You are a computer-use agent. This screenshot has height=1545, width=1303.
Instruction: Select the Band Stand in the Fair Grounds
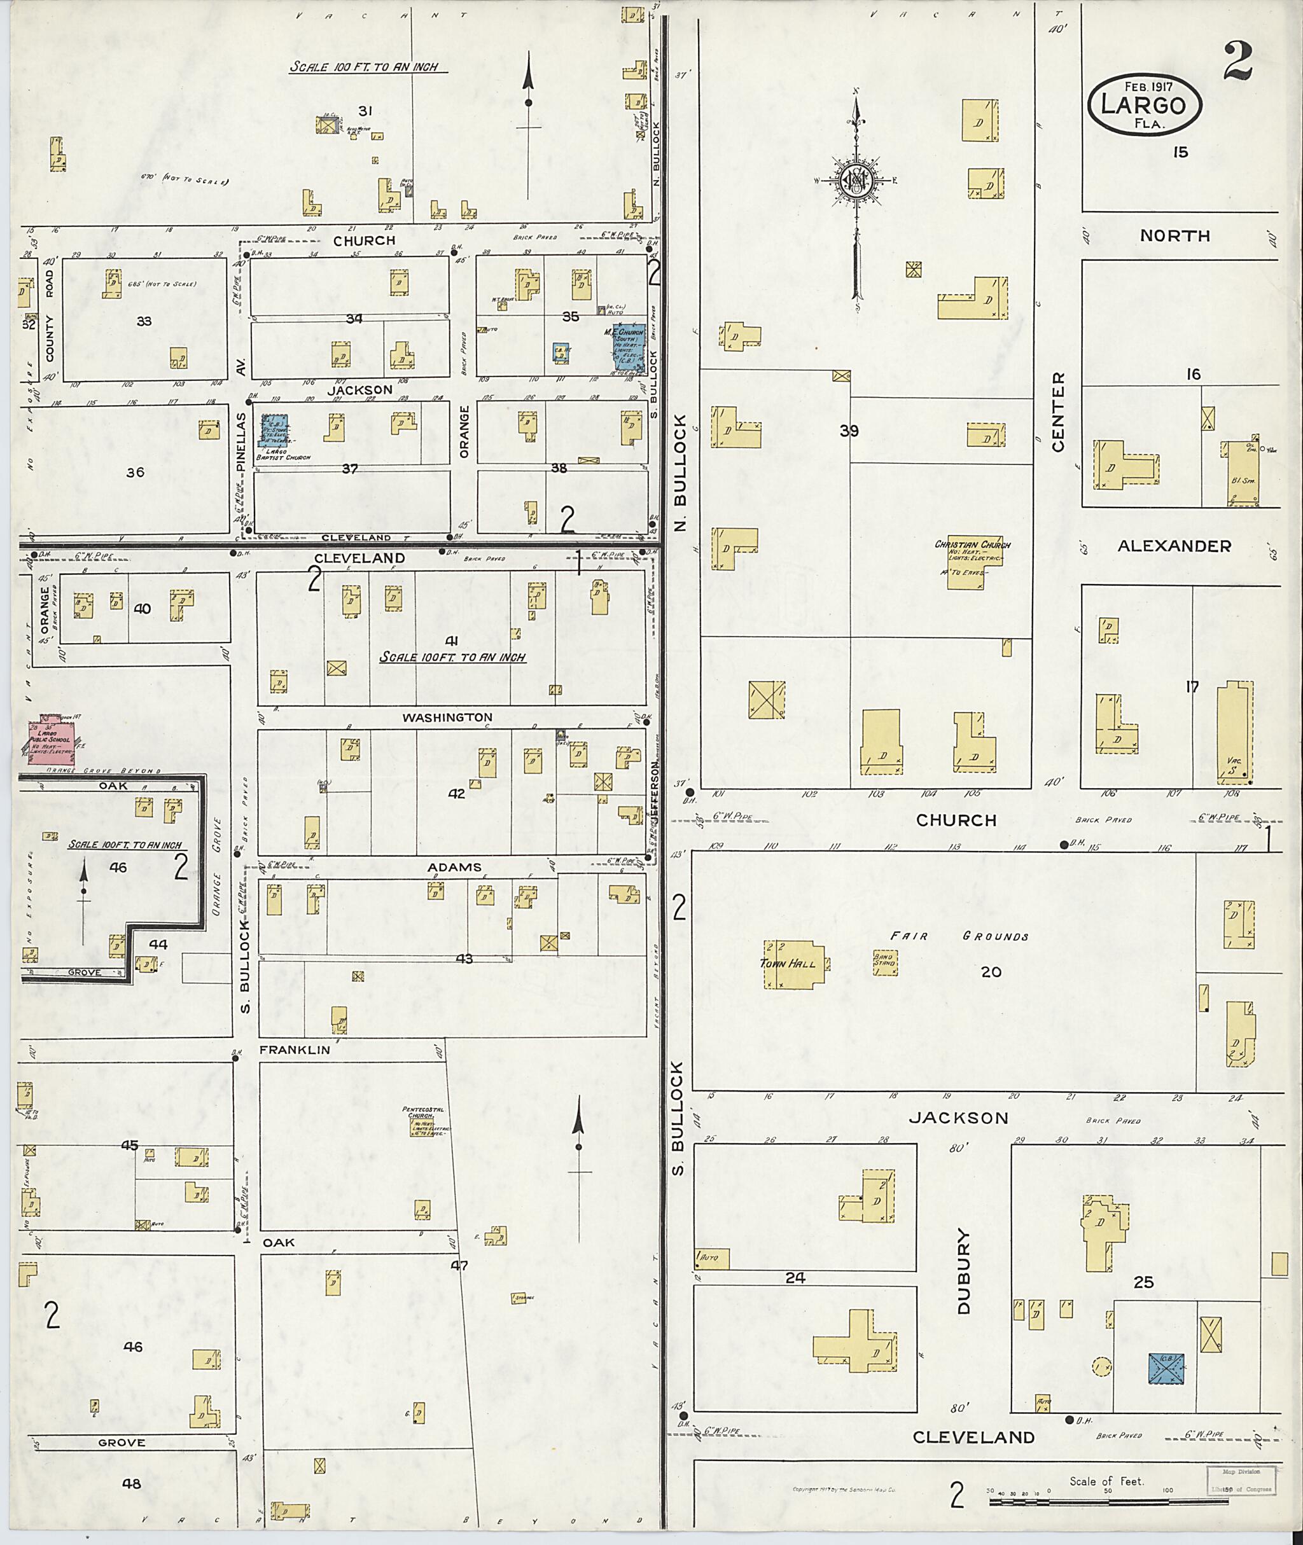pos(885,962)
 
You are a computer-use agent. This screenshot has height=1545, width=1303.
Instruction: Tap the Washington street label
pos(447,717)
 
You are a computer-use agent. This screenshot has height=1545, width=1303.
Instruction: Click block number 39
pos(849,431)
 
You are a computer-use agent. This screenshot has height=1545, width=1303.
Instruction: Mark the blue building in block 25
pos(1166,1368)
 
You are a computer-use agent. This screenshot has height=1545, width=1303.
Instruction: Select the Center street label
pos(1058,412)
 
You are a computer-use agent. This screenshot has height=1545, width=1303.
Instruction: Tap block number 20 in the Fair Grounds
pos(991,973)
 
